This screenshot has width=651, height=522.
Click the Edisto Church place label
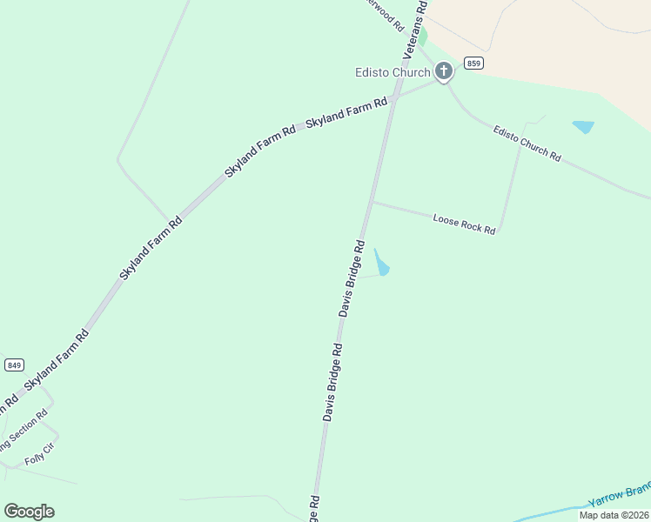pyautogui.click(x=393, y=72)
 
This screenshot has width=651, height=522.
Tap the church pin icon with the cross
pyautogui.click(x=444, y=70)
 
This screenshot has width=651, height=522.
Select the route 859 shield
pyautogui.click(x=473, y=63)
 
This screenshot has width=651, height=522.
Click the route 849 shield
pyautogui.click(x=14, y=365)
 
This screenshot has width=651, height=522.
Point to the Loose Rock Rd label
pyautogui.click(x=464, y=224)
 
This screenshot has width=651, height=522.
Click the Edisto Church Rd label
pyautogui.click(x=527, y=144)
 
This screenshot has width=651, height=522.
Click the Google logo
pyautogui.click(x=29, y=512)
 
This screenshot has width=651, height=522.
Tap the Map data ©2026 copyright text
pyautogui.click(x=614, y=515)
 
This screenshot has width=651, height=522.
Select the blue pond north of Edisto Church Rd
pyautogui.click(x=583, y=127)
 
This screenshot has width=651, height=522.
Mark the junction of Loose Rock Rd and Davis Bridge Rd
pyautogui.click(x=372, y=203)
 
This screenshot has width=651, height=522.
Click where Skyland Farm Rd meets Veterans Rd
pyautogui.click(x=394, y=97)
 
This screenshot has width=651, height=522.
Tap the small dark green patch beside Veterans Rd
pyautogui.click(x=422, y=37)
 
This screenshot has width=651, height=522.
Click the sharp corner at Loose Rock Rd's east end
pyautogui.click(x=499, y=233)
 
